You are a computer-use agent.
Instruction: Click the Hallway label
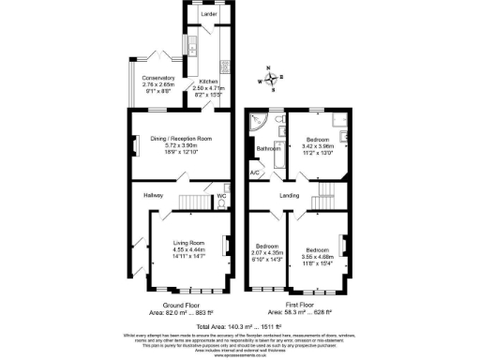coord(154,195)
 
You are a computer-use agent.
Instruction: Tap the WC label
coord(221,196)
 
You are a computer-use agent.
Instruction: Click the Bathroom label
coord(270,148)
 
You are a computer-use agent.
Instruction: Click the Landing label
coord(289,195)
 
